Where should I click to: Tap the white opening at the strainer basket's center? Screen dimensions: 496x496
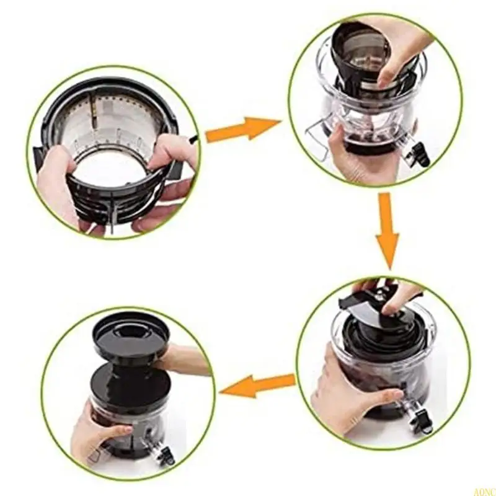115,174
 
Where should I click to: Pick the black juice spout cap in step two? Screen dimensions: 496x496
422,154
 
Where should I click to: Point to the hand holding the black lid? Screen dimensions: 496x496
183,360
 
